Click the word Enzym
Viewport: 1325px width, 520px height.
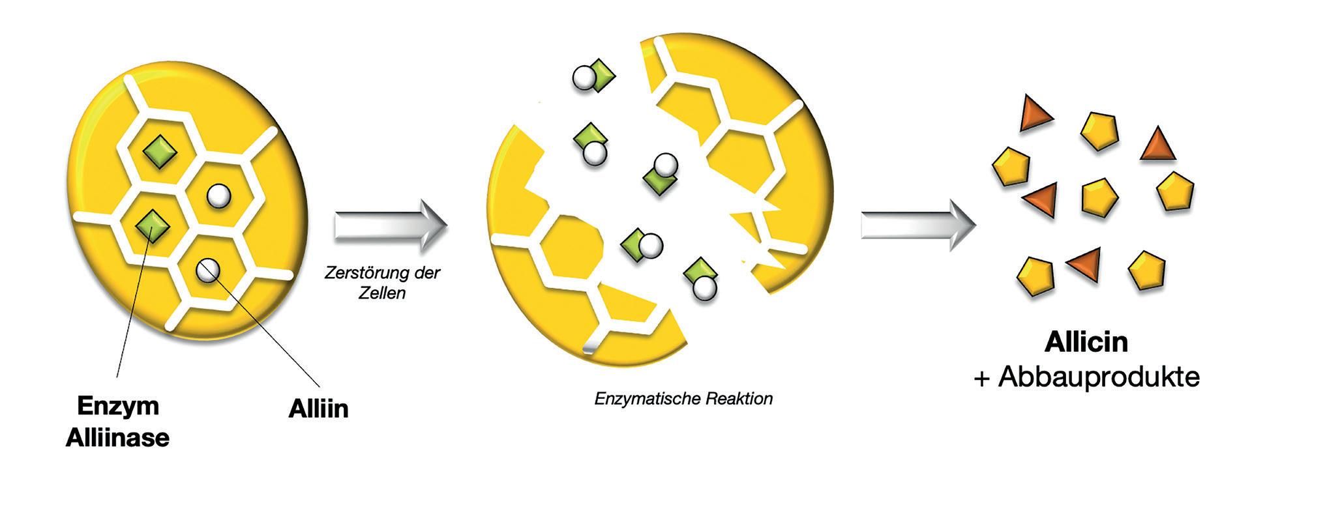tap(118, 407)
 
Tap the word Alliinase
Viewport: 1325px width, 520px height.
tap(117, 438)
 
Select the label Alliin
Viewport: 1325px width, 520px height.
tap(318, 409)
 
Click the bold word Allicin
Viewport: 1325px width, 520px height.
tap(1086, 343)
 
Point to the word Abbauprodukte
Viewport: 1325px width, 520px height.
tap(1099, 377)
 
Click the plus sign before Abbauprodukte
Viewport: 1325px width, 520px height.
tap(982, 379)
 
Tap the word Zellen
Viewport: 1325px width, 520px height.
tap(382, 293)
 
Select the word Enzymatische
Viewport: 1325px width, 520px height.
tap(636, 399)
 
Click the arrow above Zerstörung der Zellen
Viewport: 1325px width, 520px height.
tap(391, 225)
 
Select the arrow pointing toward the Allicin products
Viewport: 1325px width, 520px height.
tap(917, 225)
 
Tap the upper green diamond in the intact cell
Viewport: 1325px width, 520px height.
tap(160, 154)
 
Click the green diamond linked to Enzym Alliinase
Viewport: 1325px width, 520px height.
tap(153, 225)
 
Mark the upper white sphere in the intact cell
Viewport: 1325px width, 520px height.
tap(218, 195)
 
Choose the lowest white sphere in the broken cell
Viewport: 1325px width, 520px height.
tap(704, 289)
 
